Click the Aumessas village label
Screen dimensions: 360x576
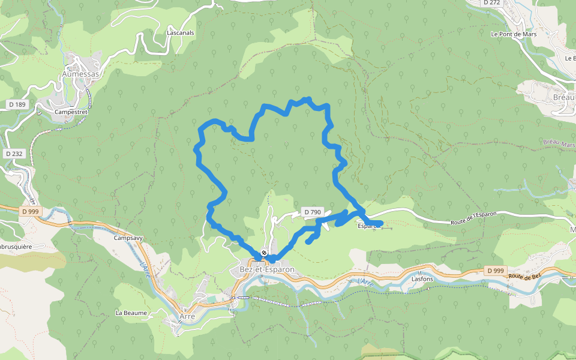coord(80,74)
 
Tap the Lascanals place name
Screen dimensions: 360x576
coord(181,33)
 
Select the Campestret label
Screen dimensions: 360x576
coord(71,112)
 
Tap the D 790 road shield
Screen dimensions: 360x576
coord(313,212)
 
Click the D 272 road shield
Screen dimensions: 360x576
coord(491,2)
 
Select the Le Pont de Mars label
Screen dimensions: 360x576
coord(513,34)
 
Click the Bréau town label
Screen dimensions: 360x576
coord(564,97)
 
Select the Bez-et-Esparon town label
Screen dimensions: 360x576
coord(267,269)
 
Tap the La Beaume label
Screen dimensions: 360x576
coord(131,313)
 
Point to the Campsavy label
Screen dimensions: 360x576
coord(128,238)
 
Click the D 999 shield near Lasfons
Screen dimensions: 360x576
coord(496,271)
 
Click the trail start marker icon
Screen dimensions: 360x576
coord(263,253)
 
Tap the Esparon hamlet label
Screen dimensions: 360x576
coord(368,226)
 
